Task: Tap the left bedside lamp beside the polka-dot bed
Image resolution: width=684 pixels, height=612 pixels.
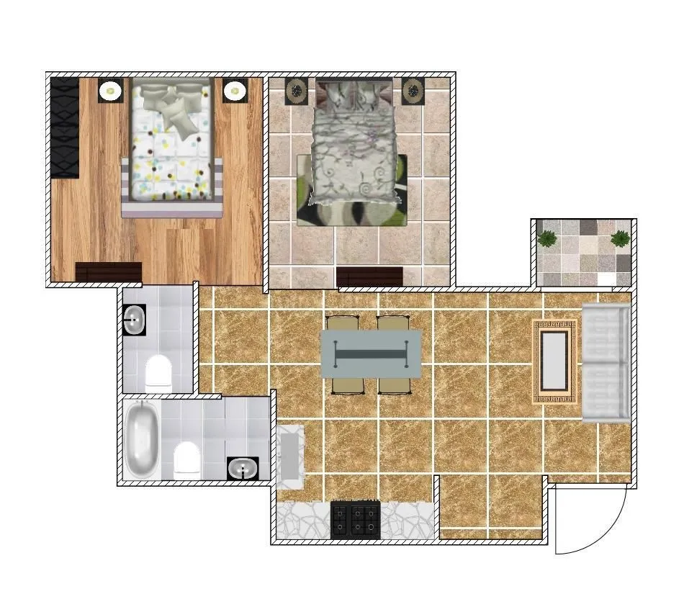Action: coord(110,91)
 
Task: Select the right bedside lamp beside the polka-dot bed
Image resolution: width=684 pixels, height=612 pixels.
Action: coord(233,91)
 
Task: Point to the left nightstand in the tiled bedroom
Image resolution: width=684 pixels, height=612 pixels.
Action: coord(296,91)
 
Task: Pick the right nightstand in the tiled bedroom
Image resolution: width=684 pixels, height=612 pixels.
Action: coord(413,91)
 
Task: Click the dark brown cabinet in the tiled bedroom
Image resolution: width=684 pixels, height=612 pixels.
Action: coord(369,276)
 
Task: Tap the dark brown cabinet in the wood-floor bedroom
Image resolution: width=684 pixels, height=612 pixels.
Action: coord(108,271)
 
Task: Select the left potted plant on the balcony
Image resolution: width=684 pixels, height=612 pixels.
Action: coord(548,238)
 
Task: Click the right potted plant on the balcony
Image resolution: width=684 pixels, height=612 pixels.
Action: coord(619,238)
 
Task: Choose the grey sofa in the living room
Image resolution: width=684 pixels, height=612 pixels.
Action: coord(605,363)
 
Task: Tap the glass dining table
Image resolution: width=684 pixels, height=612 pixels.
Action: coord(371,354)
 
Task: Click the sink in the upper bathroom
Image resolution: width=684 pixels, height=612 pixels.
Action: coord(135,320)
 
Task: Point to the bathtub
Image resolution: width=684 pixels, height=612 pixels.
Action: coord(142,439)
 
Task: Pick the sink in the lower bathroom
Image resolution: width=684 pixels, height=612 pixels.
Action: coord(243,469)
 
